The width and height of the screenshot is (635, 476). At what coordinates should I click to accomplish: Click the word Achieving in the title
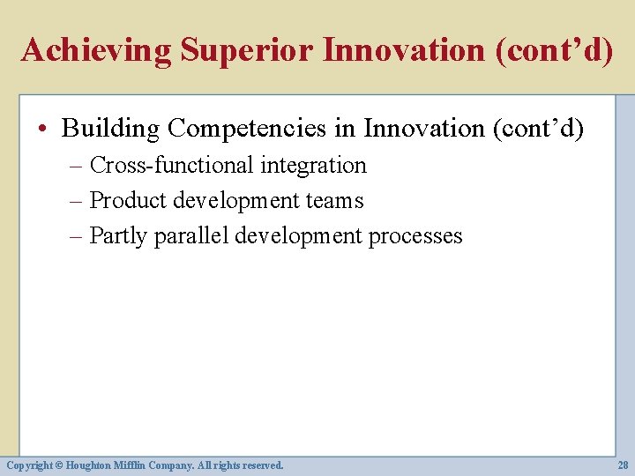97,50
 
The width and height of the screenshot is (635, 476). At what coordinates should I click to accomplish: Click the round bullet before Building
44,130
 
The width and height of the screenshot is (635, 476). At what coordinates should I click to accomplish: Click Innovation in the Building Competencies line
424,129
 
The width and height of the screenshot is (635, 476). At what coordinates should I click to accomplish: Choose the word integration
313,166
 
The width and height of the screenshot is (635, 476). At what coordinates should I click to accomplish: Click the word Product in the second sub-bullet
128,201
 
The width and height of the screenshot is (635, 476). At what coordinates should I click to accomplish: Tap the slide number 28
622,465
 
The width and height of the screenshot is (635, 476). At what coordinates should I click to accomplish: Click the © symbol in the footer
61,465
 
